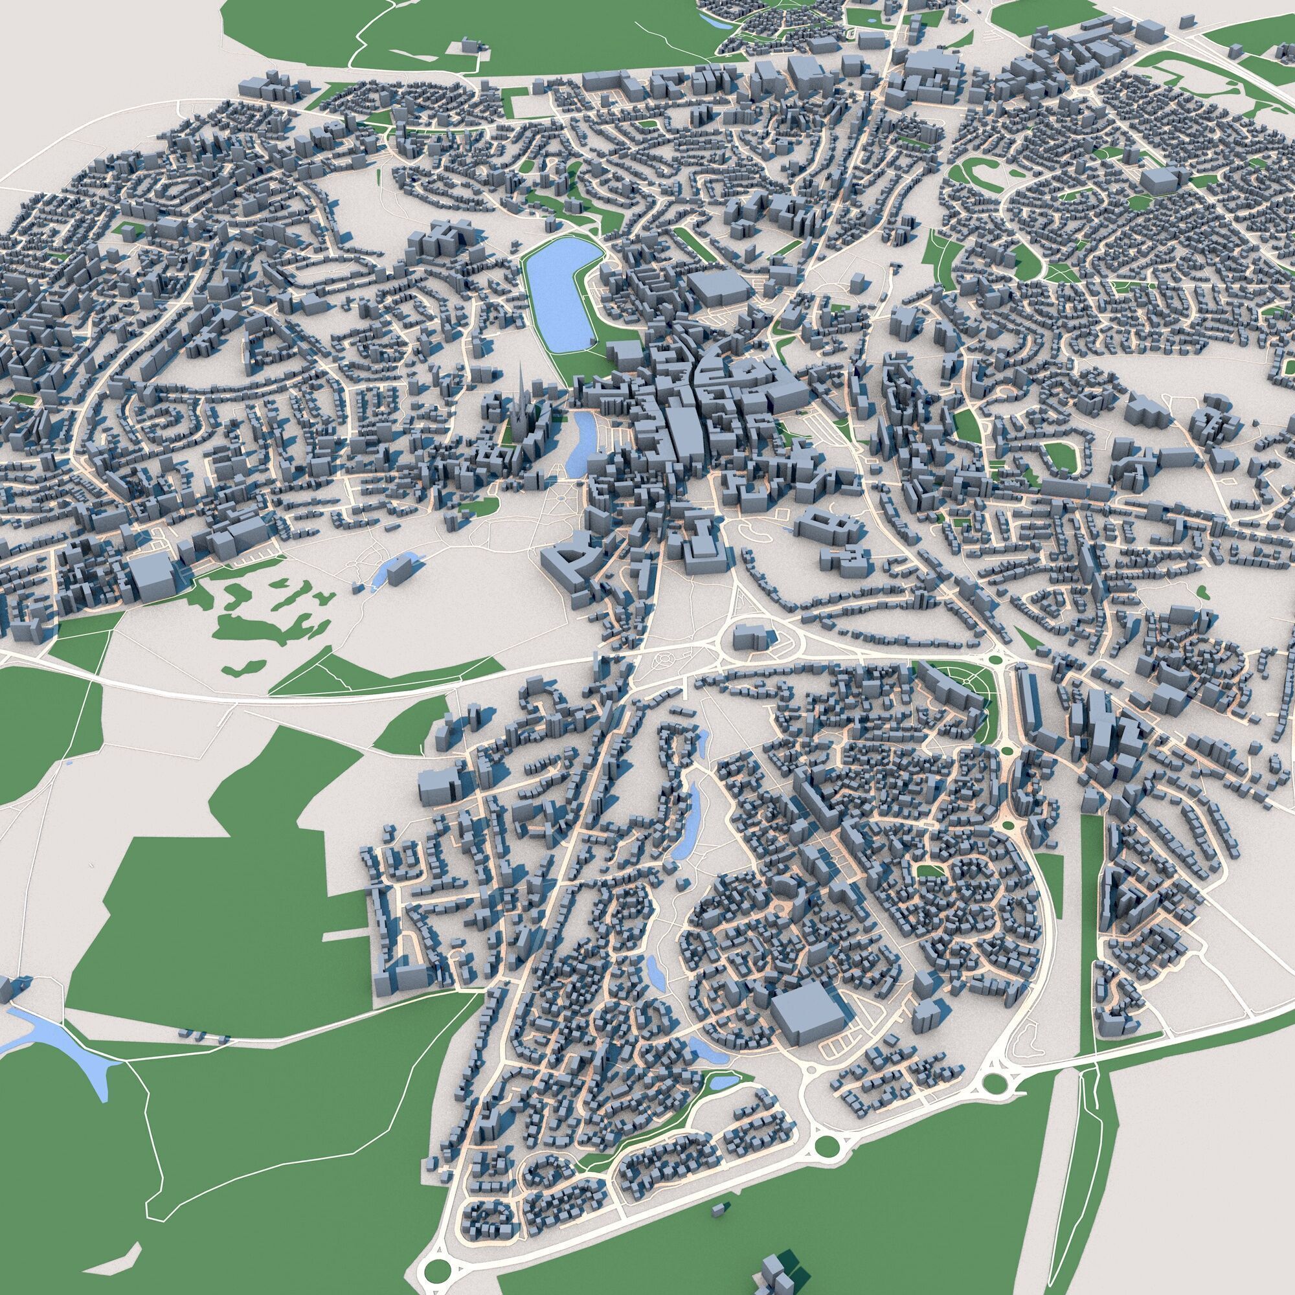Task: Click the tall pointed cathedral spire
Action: point(522,396)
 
